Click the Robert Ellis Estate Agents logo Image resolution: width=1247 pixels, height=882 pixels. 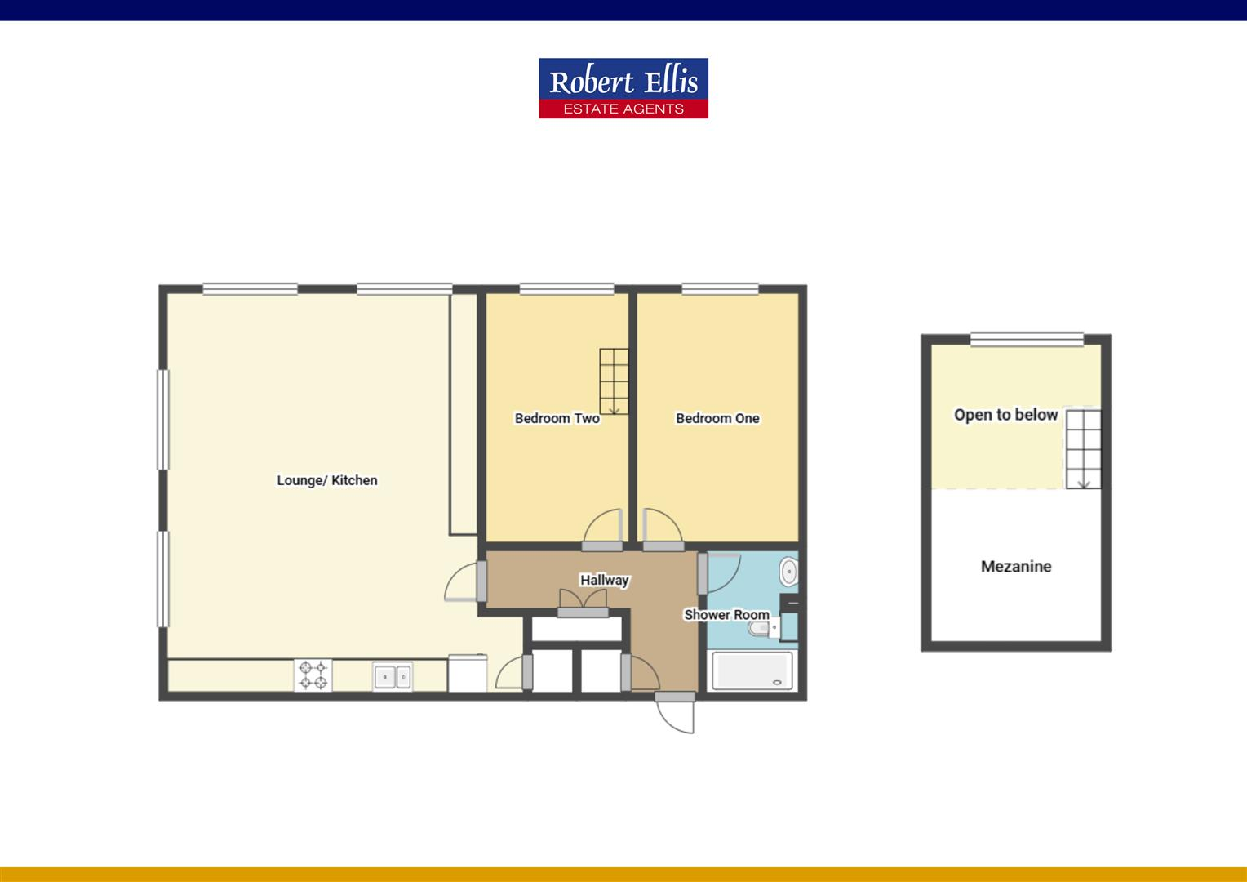pos(623,88)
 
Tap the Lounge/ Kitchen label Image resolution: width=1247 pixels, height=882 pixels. pos(326,480)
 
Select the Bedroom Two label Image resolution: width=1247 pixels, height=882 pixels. pos(557,418)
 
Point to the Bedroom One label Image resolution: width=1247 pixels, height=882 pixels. pos(717,418)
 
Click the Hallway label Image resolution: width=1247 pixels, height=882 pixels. pos(604,580)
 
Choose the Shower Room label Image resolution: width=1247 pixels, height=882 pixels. pos(726,614)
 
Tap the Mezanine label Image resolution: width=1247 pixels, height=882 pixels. pos(1015,566)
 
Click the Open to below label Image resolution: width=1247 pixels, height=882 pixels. pos(1005,415)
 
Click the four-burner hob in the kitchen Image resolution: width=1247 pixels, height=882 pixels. pos(313,675)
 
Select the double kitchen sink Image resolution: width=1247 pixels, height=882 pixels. pos(393,676)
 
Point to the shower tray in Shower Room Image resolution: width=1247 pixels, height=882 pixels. pos(752,670)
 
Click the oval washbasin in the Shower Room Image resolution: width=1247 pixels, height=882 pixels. pos(789,571)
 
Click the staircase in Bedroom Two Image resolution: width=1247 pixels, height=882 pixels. pos(614,381)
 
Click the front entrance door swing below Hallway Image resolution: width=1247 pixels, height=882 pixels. pos(677,716)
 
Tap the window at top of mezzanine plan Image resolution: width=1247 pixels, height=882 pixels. pos(1027,340)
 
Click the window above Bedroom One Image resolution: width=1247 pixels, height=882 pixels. pos(720,288)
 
